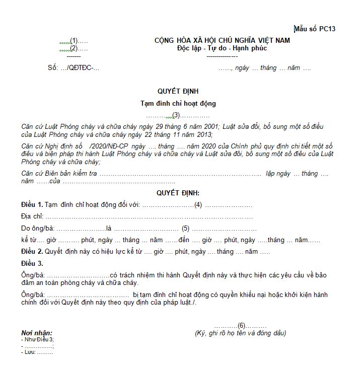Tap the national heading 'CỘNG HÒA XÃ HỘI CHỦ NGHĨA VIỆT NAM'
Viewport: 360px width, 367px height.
click(222, 40)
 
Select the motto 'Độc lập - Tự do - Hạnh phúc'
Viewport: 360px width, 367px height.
click(222, 48)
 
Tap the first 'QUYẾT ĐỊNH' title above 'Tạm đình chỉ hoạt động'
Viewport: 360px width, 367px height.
click(178, 91)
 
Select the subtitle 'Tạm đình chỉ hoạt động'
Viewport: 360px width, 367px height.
click(178, 103)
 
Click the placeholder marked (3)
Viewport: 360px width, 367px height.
click(176, 115)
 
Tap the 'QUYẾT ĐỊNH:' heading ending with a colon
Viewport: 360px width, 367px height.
click(178, 193)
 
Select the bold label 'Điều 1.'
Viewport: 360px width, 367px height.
click(32, 204)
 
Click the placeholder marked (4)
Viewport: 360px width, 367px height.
click(198, 204)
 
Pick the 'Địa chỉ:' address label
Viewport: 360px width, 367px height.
click(33, 216)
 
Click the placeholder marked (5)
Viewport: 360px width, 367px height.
click(185, 228)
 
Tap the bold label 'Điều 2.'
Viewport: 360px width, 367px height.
click(32, 251)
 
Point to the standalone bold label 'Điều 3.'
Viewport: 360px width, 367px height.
click(32, 263)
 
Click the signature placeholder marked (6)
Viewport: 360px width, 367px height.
click(241, 325)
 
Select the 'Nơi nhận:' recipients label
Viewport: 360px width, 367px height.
click(37, 333)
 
